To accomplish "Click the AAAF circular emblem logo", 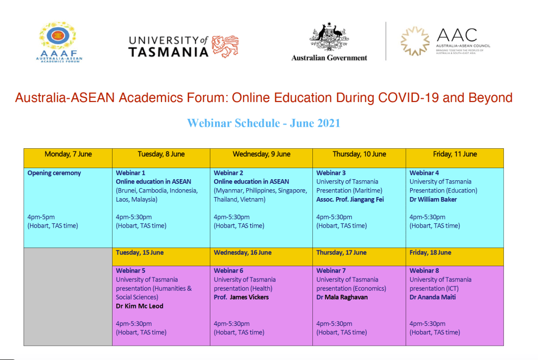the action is pyautogui.click(x=58, y=36).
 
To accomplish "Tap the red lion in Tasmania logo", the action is pyautogui.click(x=225, y=46).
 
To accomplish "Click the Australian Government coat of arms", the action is pyautogui.click(x=329, y=36).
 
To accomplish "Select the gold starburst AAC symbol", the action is pyautogui.click(x=415, y=41).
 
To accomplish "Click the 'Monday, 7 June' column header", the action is pyautogui.click(x=68, y=155).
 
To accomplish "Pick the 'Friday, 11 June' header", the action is pyautogui.click(x=454, y=155).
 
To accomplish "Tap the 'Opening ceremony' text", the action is pyautogui.click(x=54, y=173).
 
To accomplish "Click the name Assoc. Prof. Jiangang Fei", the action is pyautogui.click(x=350, y=200).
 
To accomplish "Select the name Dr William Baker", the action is pyautogui.click(x=433, y=200).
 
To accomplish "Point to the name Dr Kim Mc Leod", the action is pyautogui.click(x=139, y=306).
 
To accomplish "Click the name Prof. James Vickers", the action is pyautogui.click(x=241, y=297).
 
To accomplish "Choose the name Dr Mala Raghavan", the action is pyautogui.click(x=342, y=297).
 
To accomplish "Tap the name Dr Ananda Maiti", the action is pyautogui.click(x=433, y=297).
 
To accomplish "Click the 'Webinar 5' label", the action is pyautogui.click(x=130, y=271).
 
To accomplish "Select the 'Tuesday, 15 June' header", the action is pyautogui.click(x=140, y=253).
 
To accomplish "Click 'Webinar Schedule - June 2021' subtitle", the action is pyautogui.click(x=263, y=123).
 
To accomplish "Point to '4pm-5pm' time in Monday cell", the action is pyautogui.click(x=41, y=217).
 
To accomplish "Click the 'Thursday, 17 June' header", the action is pyautogui.click(x=341, y=253).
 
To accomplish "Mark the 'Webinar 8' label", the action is pyautogui.click(x=424, y=271).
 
